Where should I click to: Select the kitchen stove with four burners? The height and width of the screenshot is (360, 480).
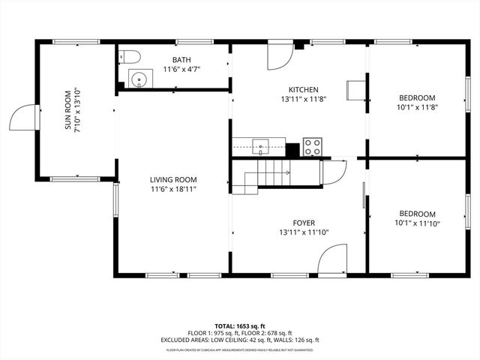coord(312,147)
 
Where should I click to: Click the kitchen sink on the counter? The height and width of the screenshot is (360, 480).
coord(260,145)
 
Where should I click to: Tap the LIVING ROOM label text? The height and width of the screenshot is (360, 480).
coord(172,179)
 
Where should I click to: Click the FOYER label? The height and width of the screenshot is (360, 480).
coord(304,223)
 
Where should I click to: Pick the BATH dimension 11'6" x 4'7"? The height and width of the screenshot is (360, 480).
coord(181,70)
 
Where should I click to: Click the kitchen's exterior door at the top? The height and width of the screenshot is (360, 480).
coord(280,54)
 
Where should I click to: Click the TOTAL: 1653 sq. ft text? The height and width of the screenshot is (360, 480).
coord(240,326)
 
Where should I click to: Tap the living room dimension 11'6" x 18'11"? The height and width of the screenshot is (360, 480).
coord(172,189)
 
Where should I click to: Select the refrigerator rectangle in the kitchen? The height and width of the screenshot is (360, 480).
coord(354,90)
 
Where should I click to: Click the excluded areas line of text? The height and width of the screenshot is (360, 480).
coord(240,340)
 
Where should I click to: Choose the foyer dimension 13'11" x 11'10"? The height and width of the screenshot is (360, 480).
coord(304,232)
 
